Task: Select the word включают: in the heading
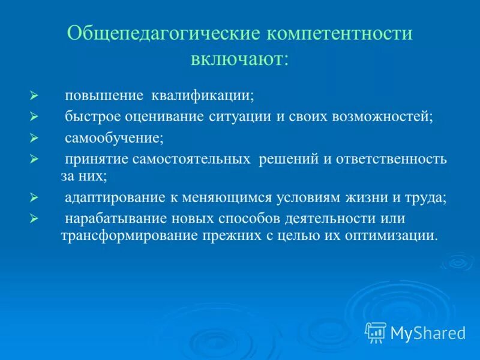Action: pos(240,59)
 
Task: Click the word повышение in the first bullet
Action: pos(104,95)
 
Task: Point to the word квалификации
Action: pos(203,95)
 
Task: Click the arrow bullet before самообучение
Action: pos(34,139)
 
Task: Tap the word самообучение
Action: pos(114,139)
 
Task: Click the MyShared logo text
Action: pos(427,332)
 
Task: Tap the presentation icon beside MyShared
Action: pos(376,332)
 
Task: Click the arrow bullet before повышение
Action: pos(34,95)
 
